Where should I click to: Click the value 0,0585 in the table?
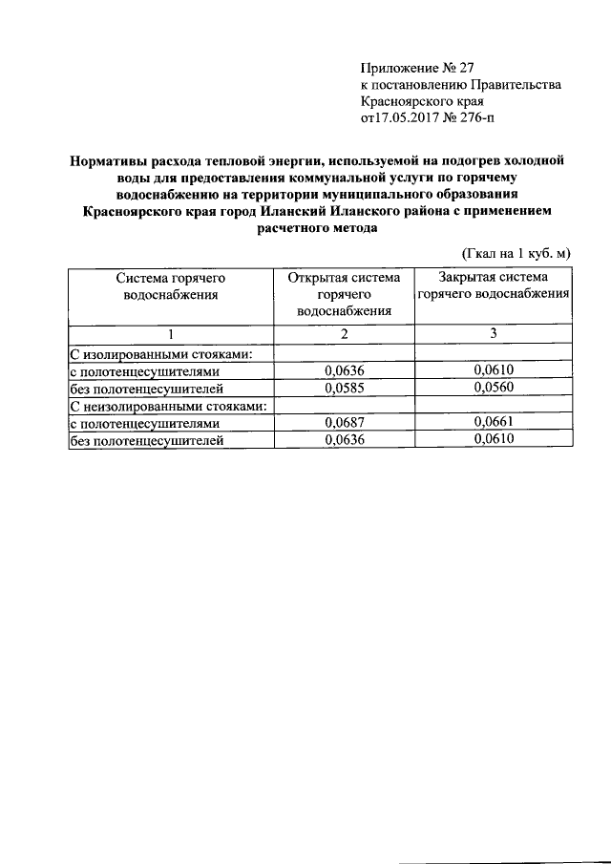[345, 389]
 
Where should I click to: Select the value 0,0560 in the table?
[494, 389]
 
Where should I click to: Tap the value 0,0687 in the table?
[345, 423]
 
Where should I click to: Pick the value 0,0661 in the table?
[494, 423]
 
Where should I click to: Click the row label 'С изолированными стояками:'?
[161, 354]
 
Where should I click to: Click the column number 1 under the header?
[171, 334]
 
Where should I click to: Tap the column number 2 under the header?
[345, 334]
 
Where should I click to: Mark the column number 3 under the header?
[494, 334]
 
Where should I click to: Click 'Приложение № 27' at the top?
[417, 68]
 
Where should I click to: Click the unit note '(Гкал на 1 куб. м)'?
[516, 253]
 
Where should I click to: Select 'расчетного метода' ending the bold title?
[319, 229]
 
